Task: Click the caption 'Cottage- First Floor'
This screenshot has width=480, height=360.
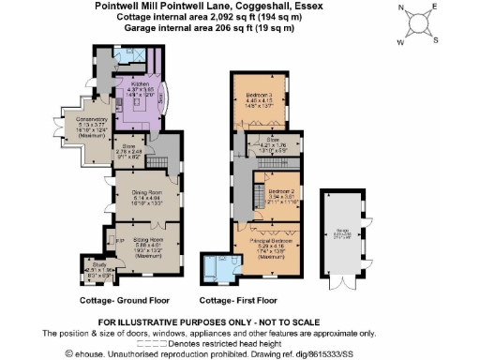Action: pyautogui.click(x=239, y=301)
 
